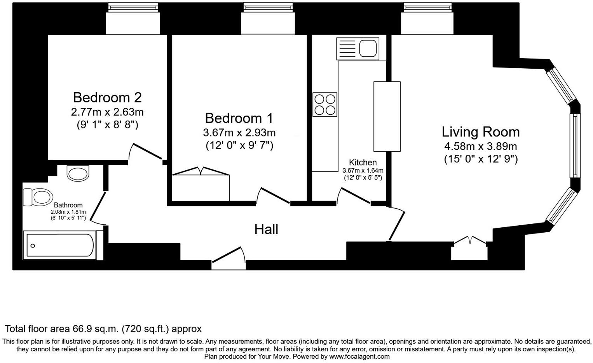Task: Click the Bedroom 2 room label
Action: click(107, 97)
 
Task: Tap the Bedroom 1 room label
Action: click(239, 118)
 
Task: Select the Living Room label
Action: click(481, 132)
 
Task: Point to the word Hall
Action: click(266, 229)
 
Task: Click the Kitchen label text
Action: click(363, 162)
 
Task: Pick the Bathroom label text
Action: click(68, 205)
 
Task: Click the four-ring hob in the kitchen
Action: click(325, 105)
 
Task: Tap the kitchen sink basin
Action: click(368, 48)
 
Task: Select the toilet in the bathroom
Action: click(38, 197)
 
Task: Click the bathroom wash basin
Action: click(78, 173)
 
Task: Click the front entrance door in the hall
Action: click(228, 258)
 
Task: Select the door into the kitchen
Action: click(354, 195)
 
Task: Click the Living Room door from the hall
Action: click(397, 224)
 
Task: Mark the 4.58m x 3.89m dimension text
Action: click(480, 146)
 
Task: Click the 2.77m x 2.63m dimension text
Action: click(107, 112)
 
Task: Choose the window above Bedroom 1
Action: click(268, 7)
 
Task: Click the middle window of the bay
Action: click(575, 145)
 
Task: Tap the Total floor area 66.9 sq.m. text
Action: click(62, 329)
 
